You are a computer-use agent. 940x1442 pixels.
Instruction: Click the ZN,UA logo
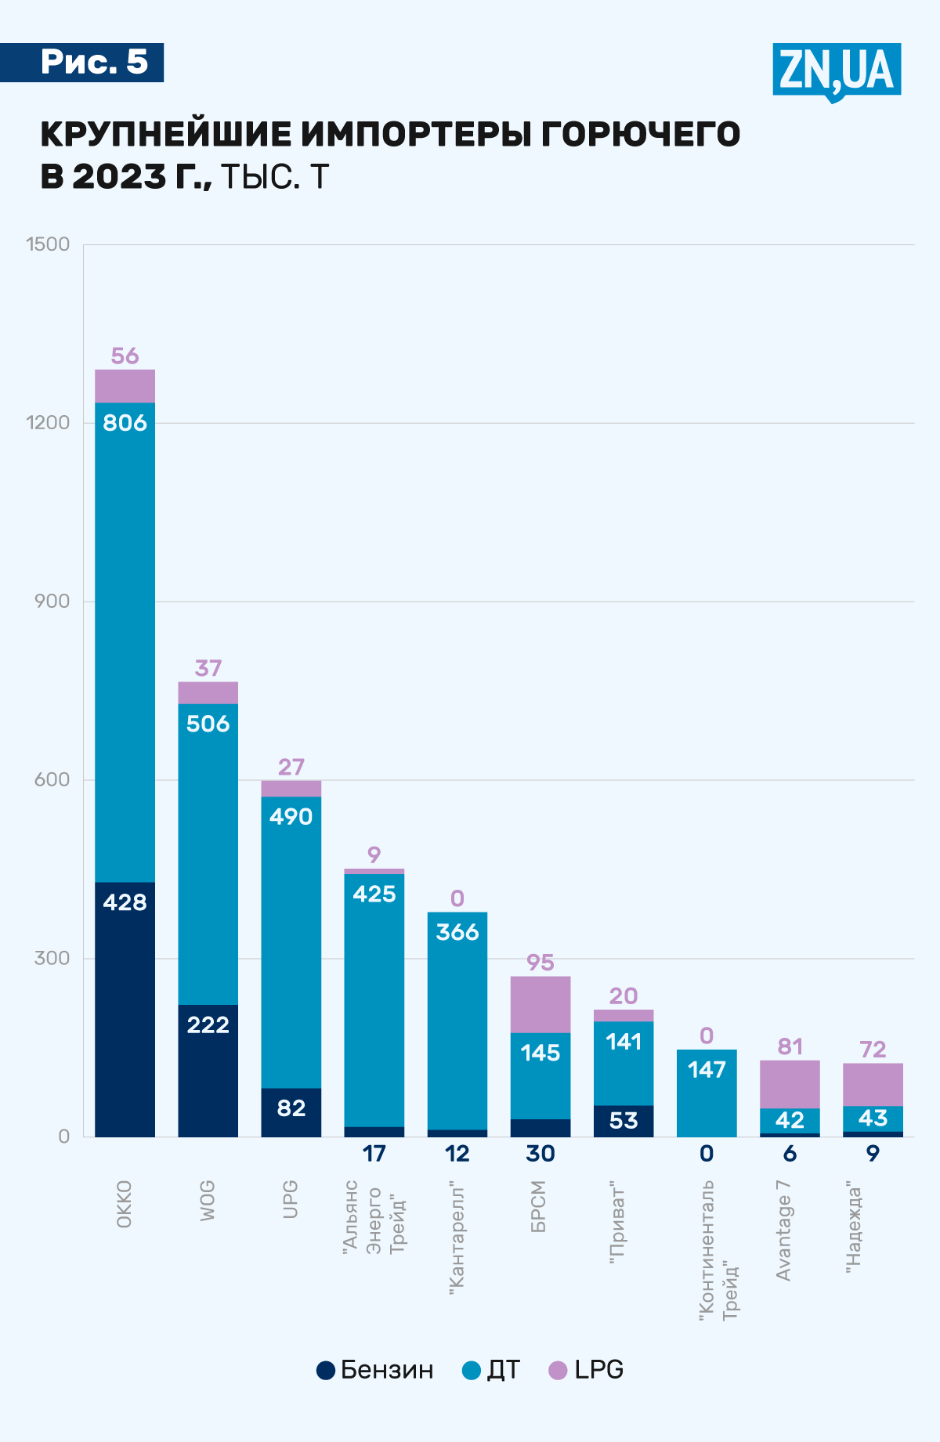837,70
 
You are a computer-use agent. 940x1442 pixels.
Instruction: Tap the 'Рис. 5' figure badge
93,62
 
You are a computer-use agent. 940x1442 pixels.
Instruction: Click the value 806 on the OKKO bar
125,423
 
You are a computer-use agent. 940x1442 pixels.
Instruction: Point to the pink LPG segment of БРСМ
540,1004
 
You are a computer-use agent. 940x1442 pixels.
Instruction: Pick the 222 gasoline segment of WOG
208,1070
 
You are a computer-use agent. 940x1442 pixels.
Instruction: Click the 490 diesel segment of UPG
291,940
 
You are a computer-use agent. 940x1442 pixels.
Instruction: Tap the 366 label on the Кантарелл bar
457,932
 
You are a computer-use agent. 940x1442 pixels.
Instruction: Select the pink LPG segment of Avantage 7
790,1084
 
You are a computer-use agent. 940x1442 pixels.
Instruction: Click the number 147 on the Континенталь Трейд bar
707,1069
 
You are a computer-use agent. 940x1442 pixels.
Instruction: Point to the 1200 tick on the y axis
49,422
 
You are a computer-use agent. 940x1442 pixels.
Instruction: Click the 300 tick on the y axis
52,958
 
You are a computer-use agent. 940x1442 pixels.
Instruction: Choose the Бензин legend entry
375,1369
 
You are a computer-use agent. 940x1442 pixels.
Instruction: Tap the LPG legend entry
587,1369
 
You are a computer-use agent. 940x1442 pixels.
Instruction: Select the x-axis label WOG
208,1201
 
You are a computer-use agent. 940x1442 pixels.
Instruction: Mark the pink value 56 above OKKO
125,356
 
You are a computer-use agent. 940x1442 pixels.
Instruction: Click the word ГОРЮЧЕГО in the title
640,135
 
